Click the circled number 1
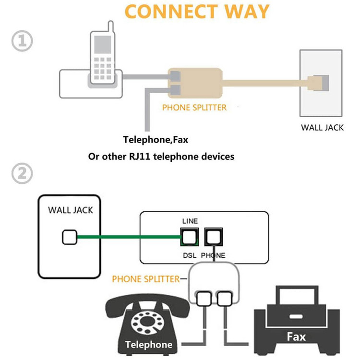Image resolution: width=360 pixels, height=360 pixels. pos(22,42)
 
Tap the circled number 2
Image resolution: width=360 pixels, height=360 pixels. pos(22,174)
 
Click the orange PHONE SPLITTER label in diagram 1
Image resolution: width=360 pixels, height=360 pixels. pos(194,107)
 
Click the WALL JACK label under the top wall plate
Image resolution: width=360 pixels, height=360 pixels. pos(322,128)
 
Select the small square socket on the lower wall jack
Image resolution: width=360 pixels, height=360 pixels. pos(70,237)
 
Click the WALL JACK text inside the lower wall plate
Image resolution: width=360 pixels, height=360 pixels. pos(71,210)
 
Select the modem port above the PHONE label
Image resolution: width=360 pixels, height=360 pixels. pos(213,237)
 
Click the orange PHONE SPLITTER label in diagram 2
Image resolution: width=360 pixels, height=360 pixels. pos(146,278)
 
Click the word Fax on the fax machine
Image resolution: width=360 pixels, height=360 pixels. pos(296,336)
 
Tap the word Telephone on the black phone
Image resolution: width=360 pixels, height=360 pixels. pos(148,345)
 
